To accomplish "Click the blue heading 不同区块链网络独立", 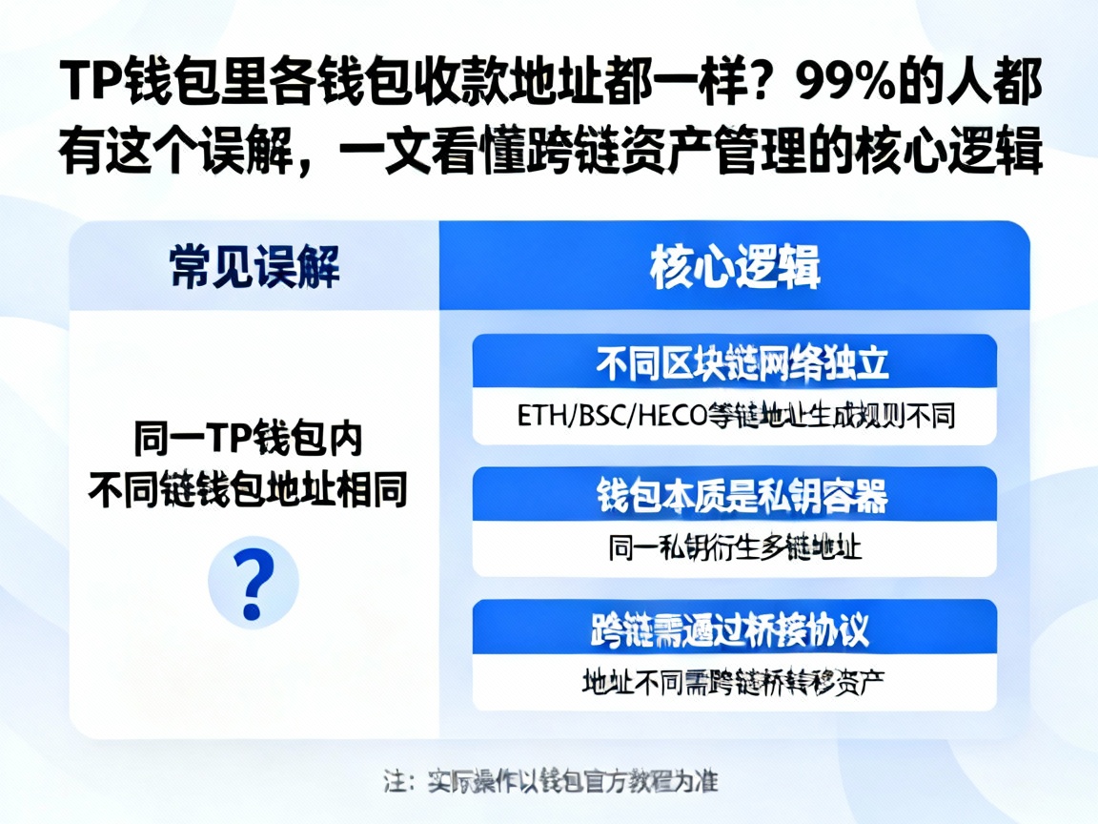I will (x=735, y=363).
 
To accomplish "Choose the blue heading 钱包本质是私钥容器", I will (x=735, y=495).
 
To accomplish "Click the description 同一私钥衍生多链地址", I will (x=735, y=548).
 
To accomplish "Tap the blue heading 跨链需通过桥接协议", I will (x=735, y=628).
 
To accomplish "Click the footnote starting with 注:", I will (x=550, y=781).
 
